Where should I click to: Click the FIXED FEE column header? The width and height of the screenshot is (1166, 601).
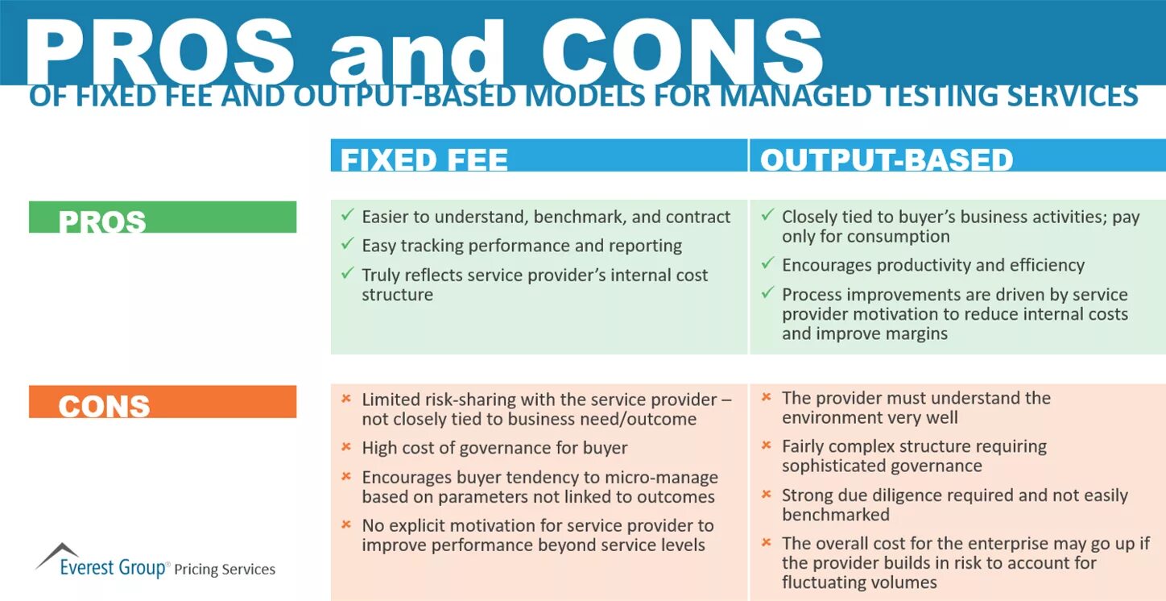[x=424, y=159]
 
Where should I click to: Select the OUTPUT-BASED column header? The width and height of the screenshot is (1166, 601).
[x=887, y=159]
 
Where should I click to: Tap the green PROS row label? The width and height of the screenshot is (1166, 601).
[x=102, y=221]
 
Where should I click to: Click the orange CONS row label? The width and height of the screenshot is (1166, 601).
[x=104, y=405]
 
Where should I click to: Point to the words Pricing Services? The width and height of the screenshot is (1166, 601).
[x=225, y=570]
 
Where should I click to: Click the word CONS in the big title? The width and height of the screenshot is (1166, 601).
[x=682, y=52]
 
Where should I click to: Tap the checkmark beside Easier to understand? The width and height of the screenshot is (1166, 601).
[x=347, y=216]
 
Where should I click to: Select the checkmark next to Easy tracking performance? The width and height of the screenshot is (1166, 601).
[x=347, y=244]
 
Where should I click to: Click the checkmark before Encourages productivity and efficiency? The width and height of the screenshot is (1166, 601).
[x=767, y=264]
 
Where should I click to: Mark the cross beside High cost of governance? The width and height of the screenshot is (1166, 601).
[x=346, y=446]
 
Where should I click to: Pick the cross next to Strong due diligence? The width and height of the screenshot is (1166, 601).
[x=767, y=494]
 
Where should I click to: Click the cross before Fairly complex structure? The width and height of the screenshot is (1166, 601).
[x=767, y=445]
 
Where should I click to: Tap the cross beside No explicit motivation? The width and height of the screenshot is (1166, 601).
[x=346, y=524]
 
